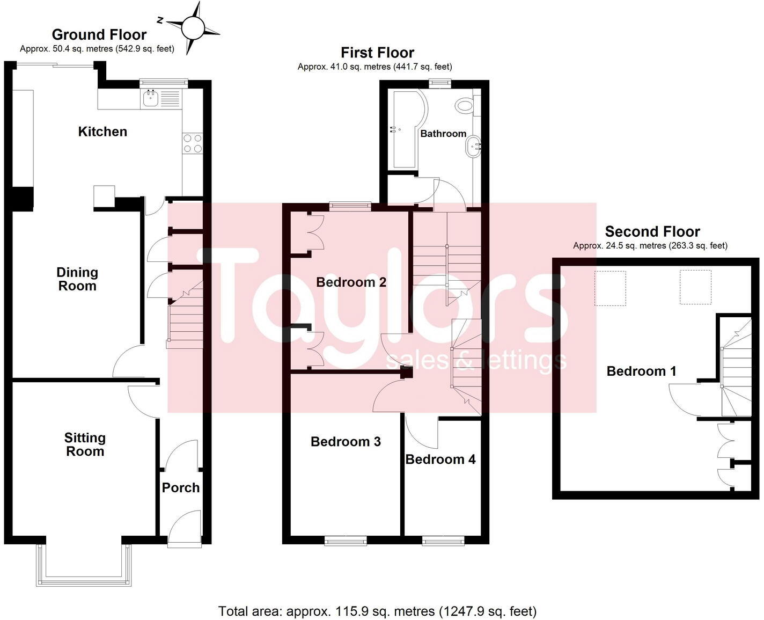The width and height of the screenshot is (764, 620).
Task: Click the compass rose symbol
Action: pyautogui.click(x=193, y=27)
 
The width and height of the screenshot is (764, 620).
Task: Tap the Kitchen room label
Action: pyautogui.click(x=102, y=132)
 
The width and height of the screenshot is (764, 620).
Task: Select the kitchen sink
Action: pyautogui.click(x=151, y=98)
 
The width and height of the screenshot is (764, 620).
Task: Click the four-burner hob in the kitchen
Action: pyautogui.click(x=193, y=143)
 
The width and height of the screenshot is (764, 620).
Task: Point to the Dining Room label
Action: pyautogui.click(x=77, y=279)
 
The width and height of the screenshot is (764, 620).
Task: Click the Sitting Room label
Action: pyautogui.click(x=85, y=444)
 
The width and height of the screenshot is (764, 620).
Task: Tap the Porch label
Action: pyautogui.click(x=181, y=487)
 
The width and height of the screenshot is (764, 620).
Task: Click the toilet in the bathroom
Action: pyautogui.click(x=465, y=105)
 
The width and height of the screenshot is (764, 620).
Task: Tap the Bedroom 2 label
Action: pyautogui.click(x=351, y=282)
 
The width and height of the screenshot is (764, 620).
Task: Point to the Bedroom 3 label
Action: pyautogui.click(x=346, y=442)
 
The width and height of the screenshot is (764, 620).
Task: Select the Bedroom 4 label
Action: pyautogui.click(x=440, y=459)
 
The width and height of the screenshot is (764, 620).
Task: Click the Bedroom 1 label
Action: pyautogui.click(x=641, y=371)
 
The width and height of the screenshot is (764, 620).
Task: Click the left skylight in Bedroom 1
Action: pyautogui.click(x=610, y=288)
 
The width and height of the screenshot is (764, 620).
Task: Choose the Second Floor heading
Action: pyautogui.click(x=652, y=232)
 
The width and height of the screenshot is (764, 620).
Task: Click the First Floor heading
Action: pyautogui.click(x=377, y=53)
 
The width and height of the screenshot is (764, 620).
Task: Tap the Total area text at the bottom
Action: pyautogui.click(x=377, y=611)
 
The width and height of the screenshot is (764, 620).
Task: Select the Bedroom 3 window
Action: pyautogui.click(x=346, y=541)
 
